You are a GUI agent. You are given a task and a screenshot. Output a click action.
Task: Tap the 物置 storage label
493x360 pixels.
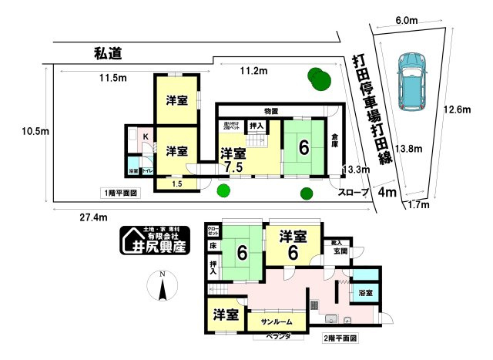coord(270,111)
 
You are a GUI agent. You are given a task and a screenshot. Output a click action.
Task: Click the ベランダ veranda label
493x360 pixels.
coord(275,338)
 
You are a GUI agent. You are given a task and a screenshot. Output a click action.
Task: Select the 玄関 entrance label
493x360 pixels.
coord(340,251)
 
